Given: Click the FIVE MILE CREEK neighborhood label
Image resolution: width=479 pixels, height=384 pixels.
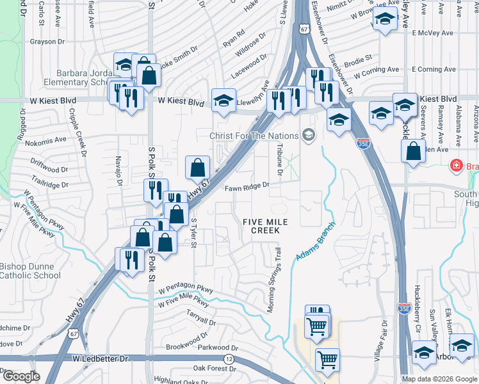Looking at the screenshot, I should [265, 226].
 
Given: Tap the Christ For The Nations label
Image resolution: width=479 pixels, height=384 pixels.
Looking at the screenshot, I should [254, 136].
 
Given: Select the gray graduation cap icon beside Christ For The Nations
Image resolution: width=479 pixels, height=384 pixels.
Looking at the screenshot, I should [309, 134].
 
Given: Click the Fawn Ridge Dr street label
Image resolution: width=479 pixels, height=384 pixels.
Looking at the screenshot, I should [247, 188].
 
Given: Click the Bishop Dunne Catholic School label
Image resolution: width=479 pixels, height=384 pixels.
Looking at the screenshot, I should [30, 271].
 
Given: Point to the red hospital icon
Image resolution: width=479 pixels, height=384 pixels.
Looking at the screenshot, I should [456, 166].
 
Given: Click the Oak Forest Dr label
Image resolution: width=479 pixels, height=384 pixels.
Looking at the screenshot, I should [214, 368].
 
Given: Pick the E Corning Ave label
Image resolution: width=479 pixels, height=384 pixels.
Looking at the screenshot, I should [434, 69].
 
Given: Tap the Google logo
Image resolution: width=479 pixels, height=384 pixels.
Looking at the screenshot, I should [20, 376].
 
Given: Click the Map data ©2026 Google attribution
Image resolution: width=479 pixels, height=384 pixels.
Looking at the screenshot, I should [439, 379].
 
